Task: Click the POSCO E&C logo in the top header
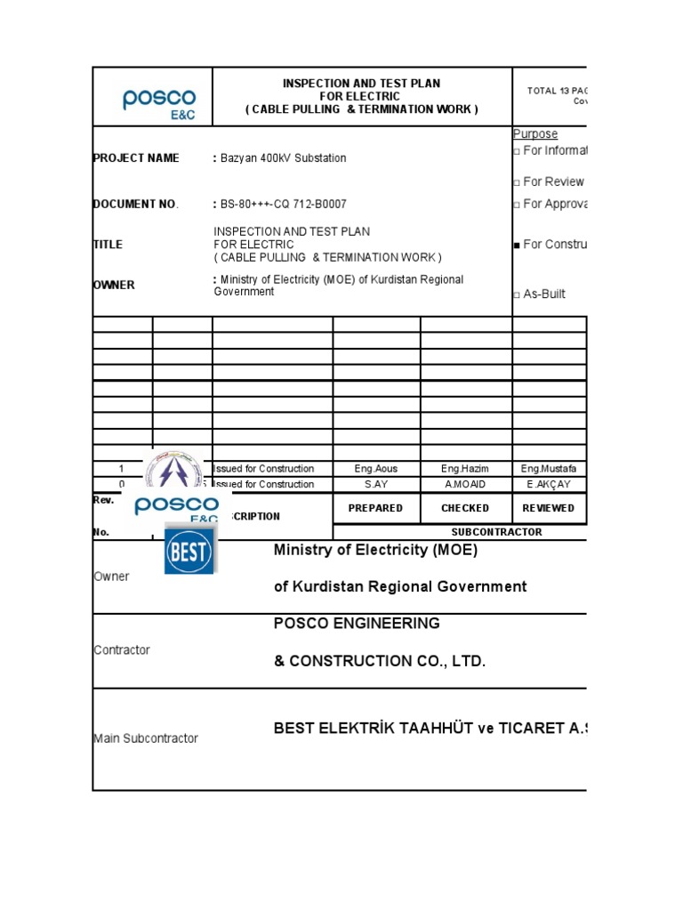[x=159, y=103]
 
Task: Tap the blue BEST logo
[x=189, y=552]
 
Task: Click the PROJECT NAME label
[x=136, y=158]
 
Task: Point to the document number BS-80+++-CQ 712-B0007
[x=284, y=204]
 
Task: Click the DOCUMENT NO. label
[x=136, y=204]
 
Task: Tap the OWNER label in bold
[x=114, y=286]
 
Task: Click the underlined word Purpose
[x=535, y=134]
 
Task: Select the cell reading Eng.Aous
[x=376, y=469]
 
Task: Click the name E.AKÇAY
[x=549, y=485]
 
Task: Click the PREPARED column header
[x=376, y=508]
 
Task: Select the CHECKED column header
[x=465, y=508]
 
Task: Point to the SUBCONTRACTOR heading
[x=496, y=532]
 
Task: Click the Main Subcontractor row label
[x=146, y=738]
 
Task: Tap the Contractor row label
[x=122, y=650]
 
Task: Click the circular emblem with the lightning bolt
[x=173, y=472]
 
